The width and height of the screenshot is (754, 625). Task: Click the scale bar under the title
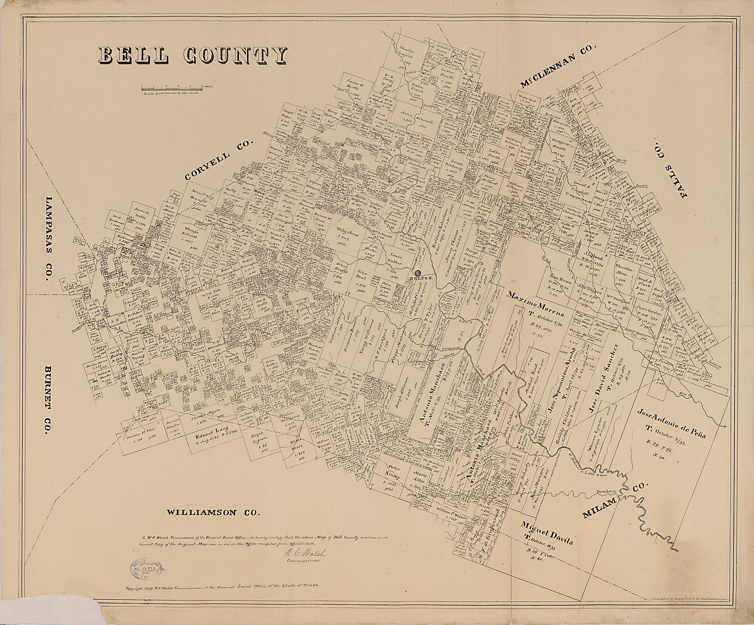point(172,88)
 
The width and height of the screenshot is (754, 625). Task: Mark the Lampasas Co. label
point(48,239)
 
